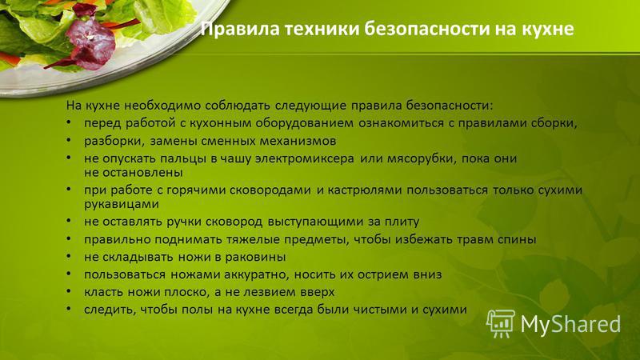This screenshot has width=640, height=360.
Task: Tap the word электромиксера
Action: [305, 158]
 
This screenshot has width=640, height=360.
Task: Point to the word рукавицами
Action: [122, 204]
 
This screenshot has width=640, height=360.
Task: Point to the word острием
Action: [383, 274]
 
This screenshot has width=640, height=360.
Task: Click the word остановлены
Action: [141, 173]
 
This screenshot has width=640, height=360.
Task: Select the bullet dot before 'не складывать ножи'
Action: [70, 256]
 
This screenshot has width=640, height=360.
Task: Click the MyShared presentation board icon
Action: [501, 324]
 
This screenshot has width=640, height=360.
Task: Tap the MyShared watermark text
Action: [570, 324]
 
